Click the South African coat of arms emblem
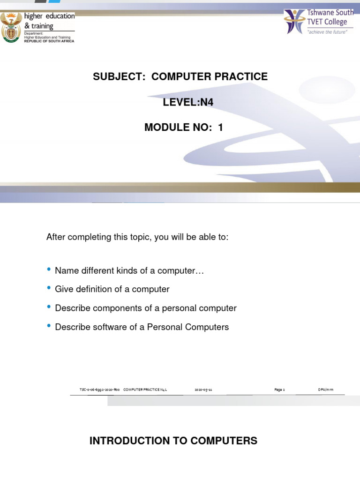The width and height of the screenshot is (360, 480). [11, 27]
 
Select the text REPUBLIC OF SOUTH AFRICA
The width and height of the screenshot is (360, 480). [49, 41]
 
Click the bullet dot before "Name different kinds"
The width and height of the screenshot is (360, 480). [49, 270]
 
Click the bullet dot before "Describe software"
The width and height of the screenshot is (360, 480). [49, 326]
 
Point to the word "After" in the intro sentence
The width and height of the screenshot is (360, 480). [56, 237]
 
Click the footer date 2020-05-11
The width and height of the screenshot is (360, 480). [203, 390]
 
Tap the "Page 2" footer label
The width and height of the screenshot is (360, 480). [279, 390]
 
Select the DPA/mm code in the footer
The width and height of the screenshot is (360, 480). [325, 390]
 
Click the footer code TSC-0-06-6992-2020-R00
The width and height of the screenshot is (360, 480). [100, 390]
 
